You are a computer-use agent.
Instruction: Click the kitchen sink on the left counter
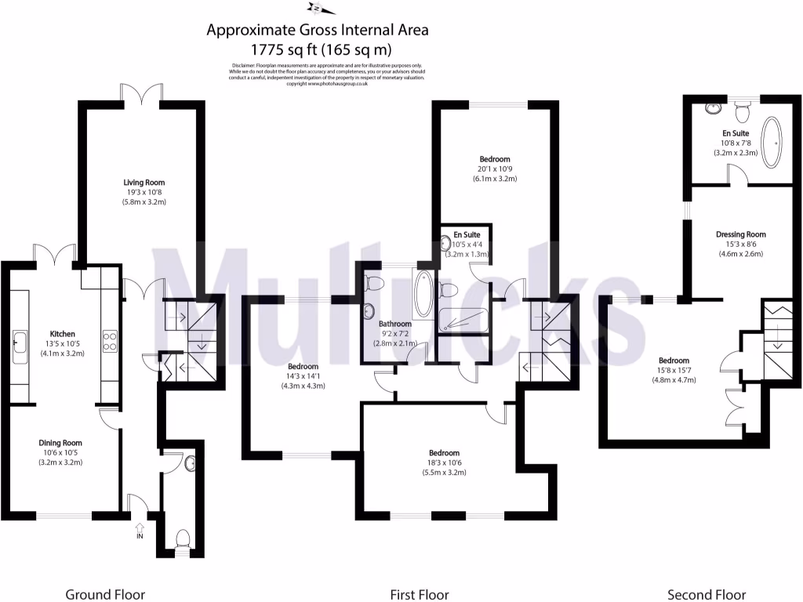click(19, 342)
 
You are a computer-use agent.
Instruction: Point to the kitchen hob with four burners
click(110, 341)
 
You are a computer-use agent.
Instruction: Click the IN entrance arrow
click(139, 531)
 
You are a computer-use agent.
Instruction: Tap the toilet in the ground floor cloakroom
click(183, 539)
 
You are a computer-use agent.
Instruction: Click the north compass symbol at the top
click(321, 9)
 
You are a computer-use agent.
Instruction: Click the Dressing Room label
click(740, 234)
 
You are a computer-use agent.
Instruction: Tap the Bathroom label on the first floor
click(394, 323)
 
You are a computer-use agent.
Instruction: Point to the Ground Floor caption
click(105, 594)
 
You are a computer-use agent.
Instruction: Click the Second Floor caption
click(706, 594)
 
